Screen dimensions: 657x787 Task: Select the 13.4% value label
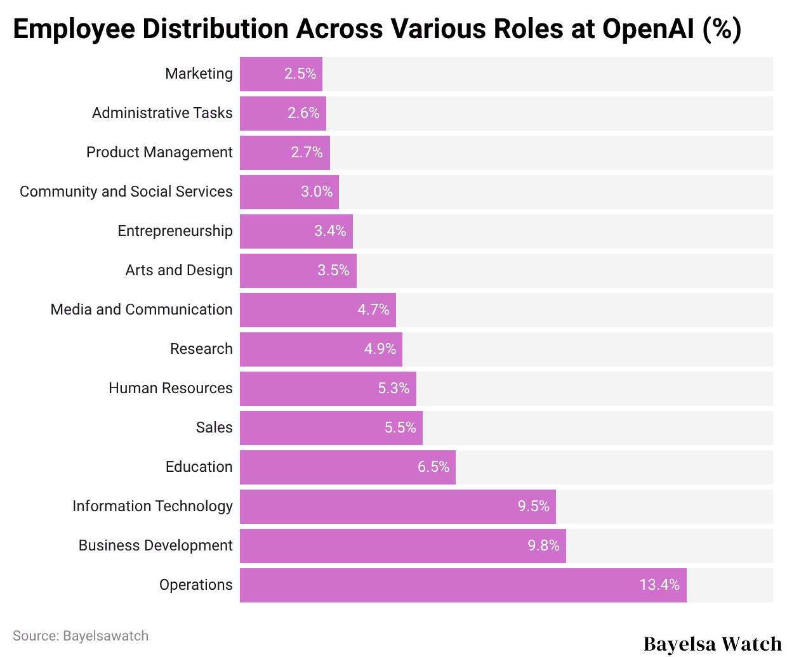[x=659, y=585]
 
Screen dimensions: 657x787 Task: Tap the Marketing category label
[x=199, y=74]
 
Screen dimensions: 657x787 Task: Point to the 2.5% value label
[x=300, y=74]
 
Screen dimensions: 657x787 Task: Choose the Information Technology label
[x=152, y=506]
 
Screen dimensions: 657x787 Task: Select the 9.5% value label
[x=533, y=506]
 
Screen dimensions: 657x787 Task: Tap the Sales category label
[x=214, y=427]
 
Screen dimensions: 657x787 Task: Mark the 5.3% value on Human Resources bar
[x=393, y=388]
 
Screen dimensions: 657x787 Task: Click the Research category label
[x=201, y=349]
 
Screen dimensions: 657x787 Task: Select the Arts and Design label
[x=179, y=270]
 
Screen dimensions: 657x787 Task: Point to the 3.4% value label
[x=330, y=231]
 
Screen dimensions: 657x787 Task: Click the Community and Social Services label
[x=126, y=192]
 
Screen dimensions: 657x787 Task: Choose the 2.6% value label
[x=303, y=113]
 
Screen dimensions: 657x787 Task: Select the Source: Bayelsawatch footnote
[x=81, y=636]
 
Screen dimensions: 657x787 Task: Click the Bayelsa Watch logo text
[x=712, y=644]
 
